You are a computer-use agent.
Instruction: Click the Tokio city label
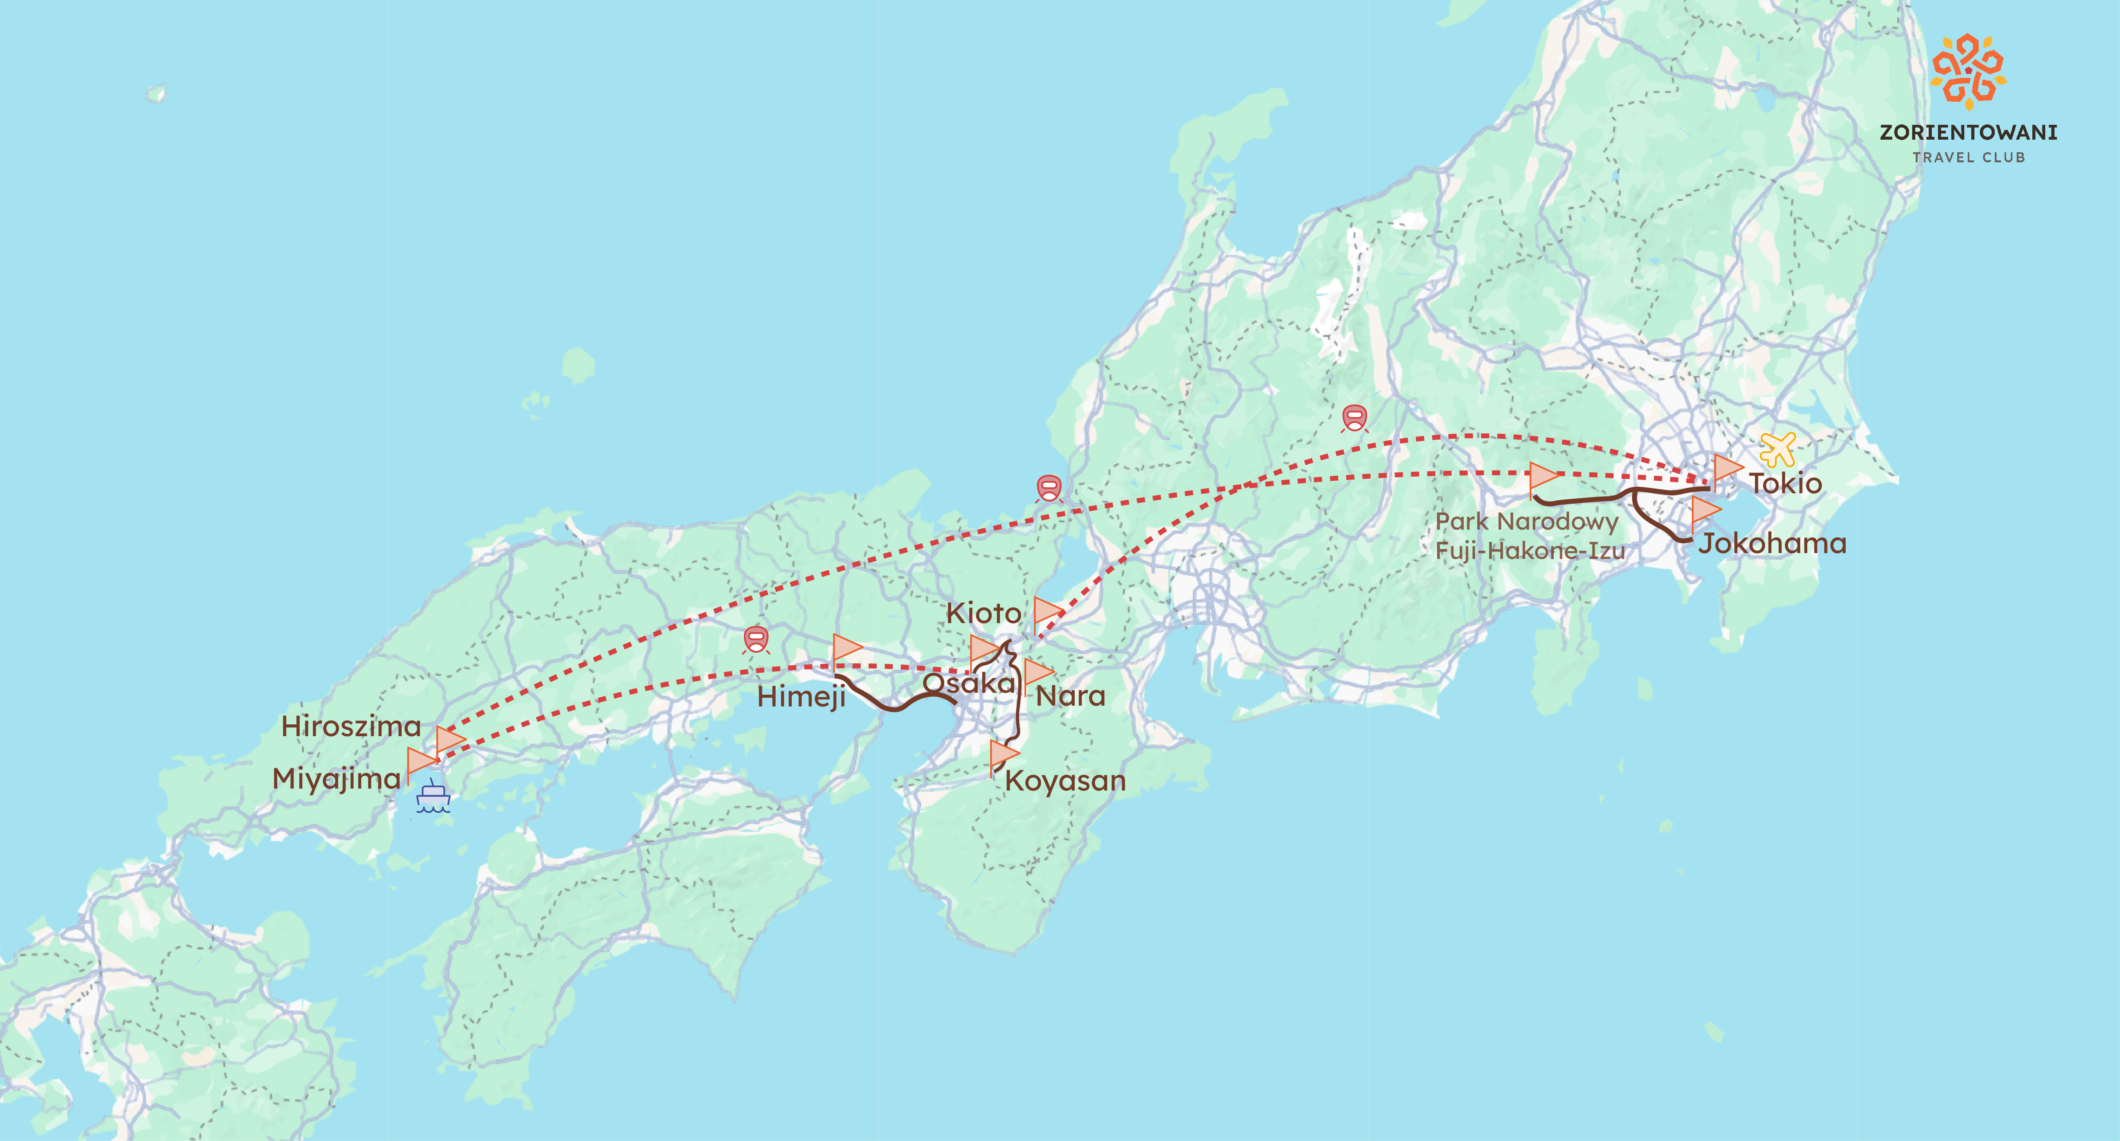1785,483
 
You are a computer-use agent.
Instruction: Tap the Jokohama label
1773,544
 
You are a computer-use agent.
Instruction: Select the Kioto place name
983,613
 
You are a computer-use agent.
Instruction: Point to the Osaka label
969,683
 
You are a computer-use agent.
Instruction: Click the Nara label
1070,696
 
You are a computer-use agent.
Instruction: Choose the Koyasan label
1065,781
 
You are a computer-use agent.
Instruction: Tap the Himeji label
801,697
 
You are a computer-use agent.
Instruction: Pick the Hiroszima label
351,726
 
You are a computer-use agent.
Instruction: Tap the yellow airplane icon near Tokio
1778,449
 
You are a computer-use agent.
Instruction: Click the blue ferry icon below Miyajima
433,796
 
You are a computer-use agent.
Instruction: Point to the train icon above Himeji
755,639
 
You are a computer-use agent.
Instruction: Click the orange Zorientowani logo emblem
1968,72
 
